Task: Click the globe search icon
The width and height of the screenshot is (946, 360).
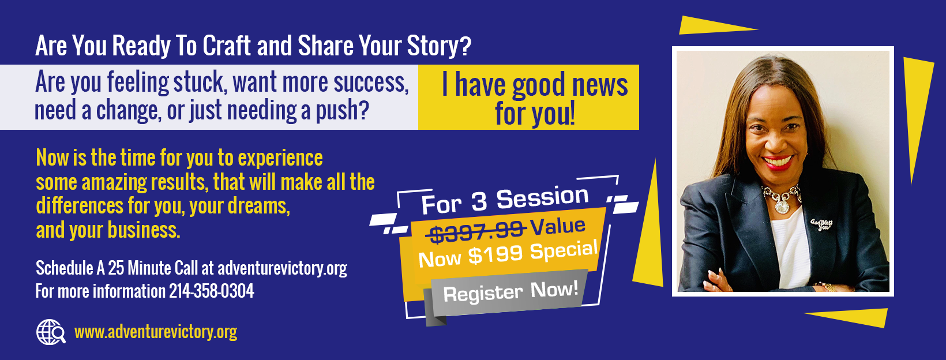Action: [51, 332]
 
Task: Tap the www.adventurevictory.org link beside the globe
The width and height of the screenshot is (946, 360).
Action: [156, 332]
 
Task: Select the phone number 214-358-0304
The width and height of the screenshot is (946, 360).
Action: [212, 291]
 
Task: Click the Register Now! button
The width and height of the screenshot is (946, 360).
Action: [510, 292]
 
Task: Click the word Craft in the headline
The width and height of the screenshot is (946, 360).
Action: [227, 45]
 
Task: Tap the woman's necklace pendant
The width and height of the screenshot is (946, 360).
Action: [781, 206]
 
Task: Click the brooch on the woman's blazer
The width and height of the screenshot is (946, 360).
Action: [821, 224]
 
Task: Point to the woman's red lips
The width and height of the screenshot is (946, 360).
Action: [778, 162]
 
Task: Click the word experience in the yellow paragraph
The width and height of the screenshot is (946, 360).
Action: [280, 159]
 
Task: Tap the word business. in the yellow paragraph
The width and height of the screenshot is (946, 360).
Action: [144, 230]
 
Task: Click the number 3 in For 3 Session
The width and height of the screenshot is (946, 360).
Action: [479, 202]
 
